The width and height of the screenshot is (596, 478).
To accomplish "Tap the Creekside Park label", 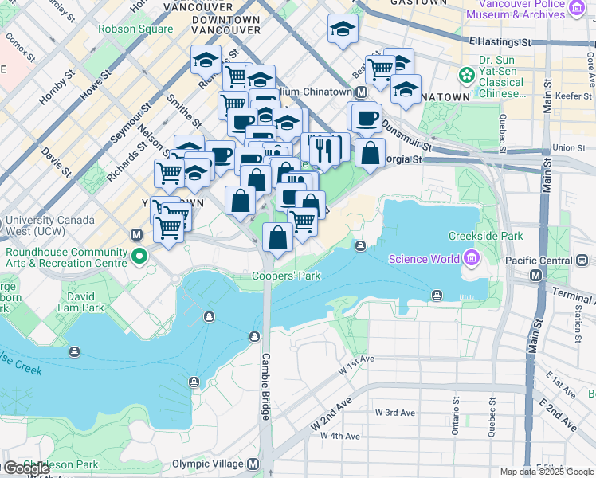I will (x=485, y=236).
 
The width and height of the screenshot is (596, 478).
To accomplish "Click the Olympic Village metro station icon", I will (x=253, y=464).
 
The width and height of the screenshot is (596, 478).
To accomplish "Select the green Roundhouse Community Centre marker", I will (x=139, y=257).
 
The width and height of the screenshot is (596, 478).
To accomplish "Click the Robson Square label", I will (x=135, y=29).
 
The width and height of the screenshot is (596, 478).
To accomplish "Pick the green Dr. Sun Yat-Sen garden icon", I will (x=466, y=75).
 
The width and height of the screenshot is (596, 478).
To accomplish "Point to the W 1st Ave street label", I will (x=355, y=364).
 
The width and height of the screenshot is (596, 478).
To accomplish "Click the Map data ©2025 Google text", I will (x=547, y=472).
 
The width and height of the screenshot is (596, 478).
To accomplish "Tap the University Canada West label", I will (x=49, y=225).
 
